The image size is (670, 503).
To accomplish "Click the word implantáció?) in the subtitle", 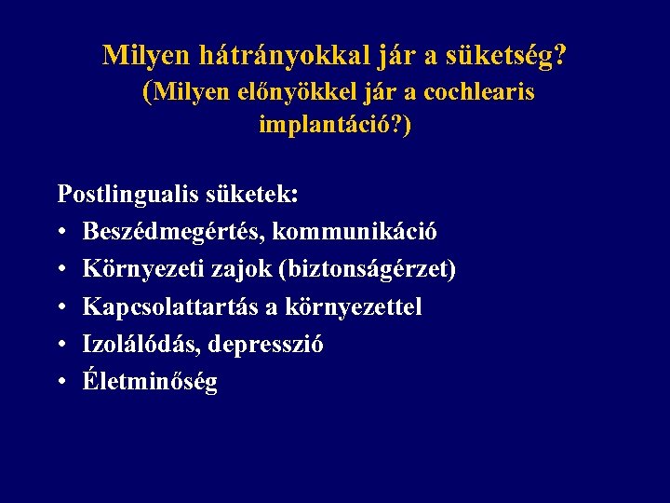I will pyautogui.click(x=334, y=125).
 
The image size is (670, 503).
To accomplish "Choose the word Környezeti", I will pyautogui.click(x=137, y=269).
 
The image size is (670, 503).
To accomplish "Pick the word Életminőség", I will pyautogui.click(x=150, y=381).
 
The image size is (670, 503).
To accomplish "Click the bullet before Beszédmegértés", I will pyautogui.click(x=63, y=232).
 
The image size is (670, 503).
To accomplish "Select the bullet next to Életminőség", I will pyautogui.click(x=63, y=381).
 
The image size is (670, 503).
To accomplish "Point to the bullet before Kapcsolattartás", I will pyautogui.click(x=63, y=306).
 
